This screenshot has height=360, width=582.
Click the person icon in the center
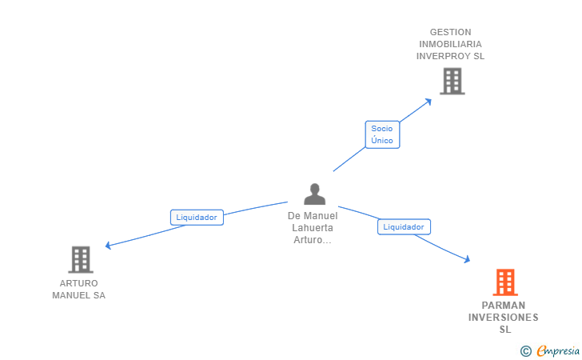(315, 194)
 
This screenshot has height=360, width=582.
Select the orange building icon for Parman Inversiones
(504, 282)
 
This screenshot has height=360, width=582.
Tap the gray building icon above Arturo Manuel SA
(81, 259)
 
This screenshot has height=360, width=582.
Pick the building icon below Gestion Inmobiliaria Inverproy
(452, 81)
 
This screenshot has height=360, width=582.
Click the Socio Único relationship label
(382, 134)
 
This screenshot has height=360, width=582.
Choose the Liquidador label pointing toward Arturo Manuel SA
(197, 217)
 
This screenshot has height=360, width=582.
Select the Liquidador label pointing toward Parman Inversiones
(404, 227)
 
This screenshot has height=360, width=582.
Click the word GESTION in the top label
(450, 33)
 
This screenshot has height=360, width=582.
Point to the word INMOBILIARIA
(450, 45)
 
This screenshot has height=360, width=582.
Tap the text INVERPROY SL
(450, 57)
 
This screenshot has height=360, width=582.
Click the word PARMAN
(504, 306)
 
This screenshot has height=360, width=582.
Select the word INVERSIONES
(504, 318)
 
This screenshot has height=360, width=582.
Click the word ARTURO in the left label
(78, 283)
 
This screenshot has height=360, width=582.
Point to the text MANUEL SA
(78, 295)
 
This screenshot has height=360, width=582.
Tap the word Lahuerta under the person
(313, 228)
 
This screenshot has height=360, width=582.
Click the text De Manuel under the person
(313, 216)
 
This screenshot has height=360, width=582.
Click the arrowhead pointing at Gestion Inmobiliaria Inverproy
(429, 101)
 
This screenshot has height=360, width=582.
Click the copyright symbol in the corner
(525, 350)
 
